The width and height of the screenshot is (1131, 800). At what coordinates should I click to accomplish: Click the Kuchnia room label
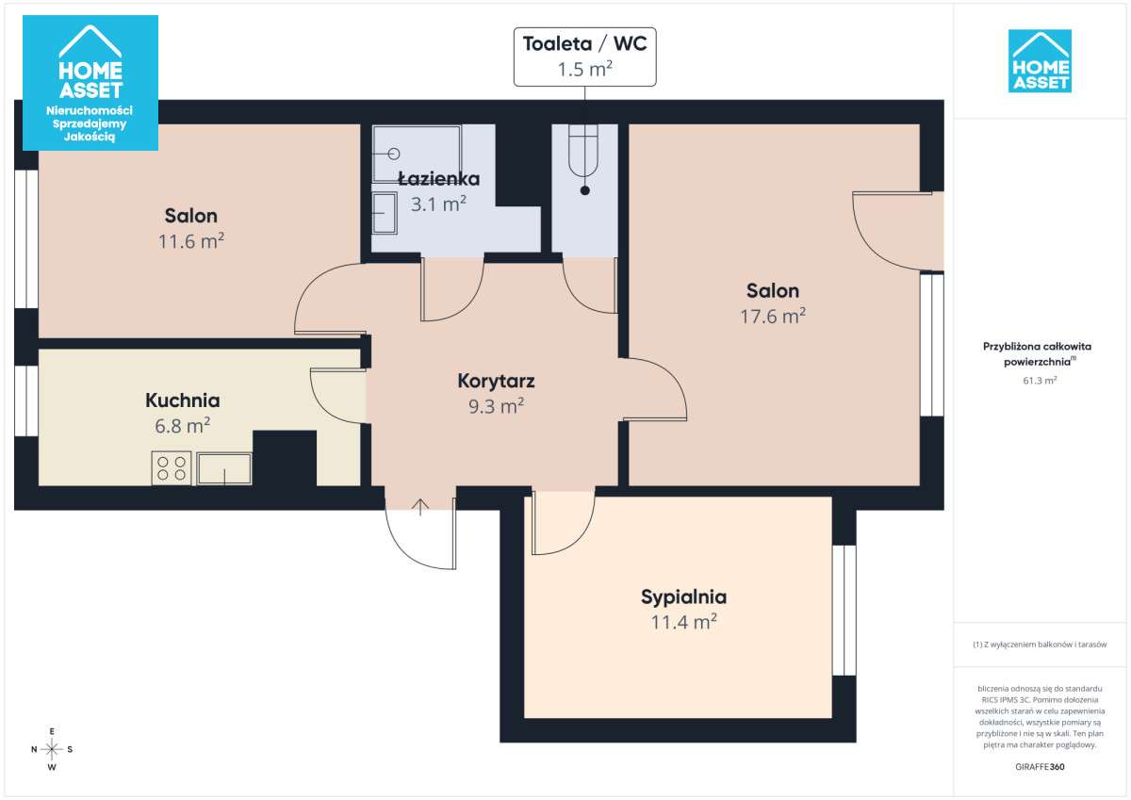tap(182, 400)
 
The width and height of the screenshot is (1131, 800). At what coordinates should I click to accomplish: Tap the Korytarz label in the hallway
tap(496, 381)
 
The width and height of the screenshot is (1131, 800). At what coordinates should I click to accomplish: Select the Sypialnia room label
tap(683, 597)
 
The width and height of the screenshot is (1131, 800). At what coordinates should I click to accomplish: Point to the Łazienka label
tap(439, 178)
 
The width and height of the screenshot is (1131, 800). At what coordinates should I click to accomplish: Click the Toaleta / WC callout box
tap(584, 57)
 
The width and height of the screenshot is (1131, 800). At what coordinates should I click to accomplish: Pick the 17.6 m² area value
tap(773, 316)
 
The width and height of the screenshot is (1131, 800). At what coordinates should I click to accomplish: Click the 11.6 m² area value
tap(190, 241)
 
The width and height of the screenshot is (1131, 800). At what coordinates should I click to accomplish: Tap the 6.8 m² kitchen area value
tap(182, 426)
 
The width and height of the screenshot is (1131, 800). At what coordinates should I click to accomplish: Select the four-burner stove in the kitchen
tap(172, 468)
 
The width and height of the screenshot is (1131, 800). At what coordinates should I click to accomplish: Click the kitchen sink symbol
tap(224, 469)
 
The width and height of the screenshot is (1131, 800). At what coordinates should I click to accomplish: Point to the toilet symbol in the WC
tap(583, 151)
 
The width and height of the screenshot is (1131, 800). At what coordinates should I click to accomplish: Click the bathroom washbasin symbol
tap(385, 214)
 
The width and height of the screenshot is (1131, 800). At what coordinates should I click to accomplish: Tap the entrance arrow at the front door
tap(420, 507)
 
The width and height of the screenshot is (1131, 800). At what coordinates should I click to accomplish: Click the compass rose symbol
tap(52, 749)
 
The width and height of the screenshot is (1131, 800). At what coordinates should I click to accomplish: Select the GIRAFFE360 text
tap(1040, 767)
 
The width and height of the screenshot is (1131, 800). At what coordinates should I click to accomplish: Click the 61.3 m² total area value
tap(1040, 380)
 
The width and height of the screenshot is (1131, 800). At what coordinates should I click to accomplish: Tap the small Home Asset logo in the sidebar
tap(1040, 60)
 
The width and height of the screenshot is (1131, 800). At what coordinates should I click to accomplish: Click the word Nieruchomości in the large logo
tap(90, 110)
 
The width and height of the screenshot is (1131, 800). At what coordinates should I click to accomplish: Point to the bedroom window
tap(844, 611)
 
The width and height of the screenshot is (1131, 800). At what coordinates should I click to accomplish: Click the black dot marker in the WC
tap(584, 190)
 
